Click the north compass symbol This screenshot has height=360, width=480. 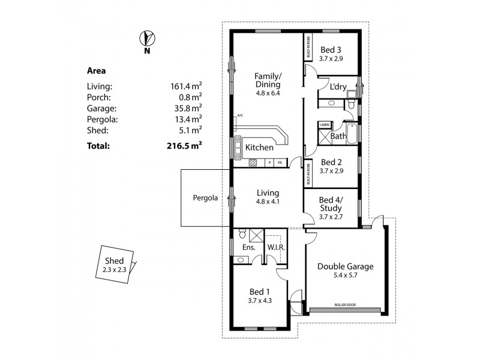coord(146,39)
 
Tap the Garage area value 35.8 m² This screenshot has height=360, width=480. coord(186,109)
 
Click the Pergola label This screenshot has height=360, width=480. coord(205,197)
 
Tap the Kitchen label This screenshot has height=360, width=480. coord(259,147)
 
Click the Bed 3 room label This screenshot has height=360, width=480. coord(331,50)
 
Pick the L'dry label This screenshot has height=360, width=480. coord(338,87)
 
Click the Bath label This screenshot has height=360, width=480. coord(338,136)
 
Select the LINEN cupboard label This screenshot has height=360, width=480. coord(325,125)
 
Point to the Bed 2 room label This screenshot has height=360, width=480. coord(331,162)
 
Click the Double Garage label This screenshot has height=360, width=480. coord(346,266)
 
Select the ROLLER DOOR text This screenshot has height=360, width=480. coord(344,305)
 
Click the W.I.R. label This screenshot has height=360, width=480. coord(277,247)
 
